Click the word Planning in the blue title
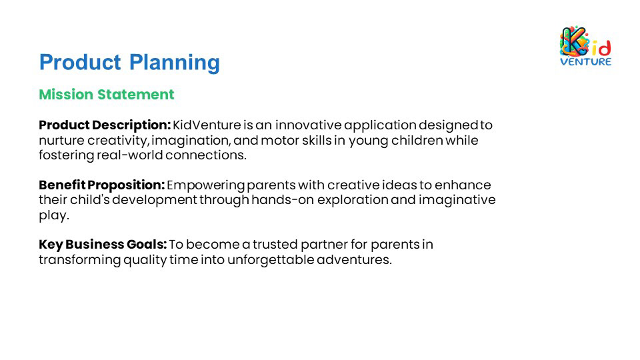point(174,63)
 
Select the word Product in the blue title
point(80,63)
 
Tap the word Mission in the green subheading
point(66,94)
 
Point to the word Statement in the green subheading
point(135,94)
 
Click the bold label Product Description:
point(105,125)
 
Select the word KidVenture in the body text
point(207,125)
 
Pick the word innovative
point(308,125)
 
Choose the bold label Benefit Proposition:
point(101,185)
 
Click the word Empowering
point(206,185)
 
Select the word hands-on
point(283,200)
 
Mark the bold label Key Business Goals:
point(103,245)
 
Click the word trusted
point(275,245)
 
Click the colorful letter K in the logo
point(574,41)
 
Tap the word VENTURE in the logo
point(586,61)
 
